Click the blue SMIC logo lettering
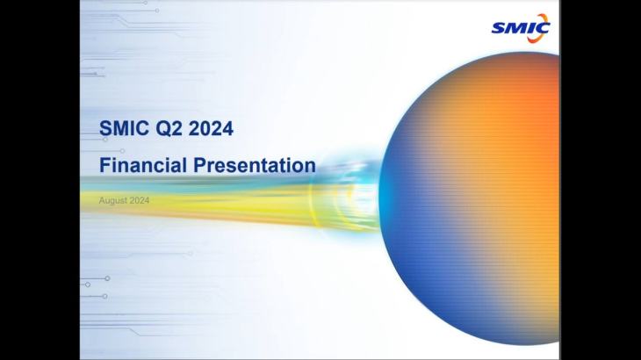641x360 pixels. [520, 29]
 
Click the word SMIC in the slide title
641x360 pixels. [125, 128]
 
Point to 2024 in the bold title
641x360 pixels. [211, 128]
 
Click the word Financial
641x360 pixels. [143, 165]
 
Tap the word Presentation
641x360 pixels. [255, 165]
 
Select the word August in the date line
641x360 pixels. [112, 201]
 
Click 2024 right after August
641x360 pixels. [139, 200]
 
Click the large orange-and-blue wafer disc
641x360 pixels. [469, 198]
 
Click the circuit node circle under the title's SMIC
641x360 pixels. [105, 140]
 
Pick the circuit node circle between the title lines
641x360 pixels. [122, 151]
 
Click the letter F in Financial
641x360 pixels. [104, 165]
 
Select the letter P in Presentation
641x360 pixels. [199, 165]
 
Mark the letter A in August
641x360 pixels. [102, 200]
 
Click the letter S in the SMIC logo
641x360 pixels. [499, 29]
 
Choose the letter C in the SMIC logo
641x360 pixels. [542, 28]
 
